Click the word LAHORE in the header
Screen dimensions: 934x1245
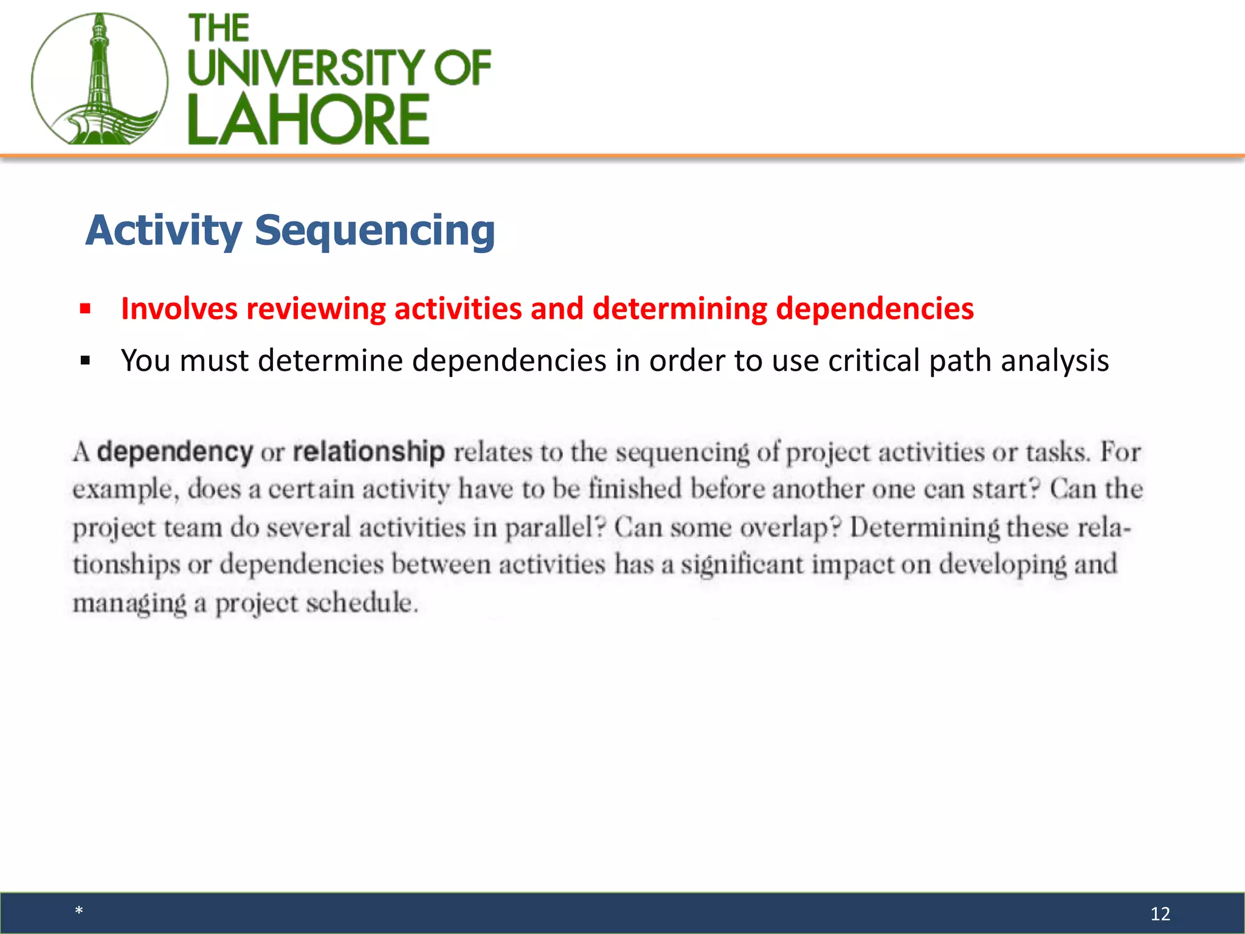(308, 120)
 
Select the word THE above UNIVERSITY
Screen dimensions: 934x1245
(219, 29)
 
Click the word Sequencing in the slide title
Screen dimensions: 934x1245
(374, 231)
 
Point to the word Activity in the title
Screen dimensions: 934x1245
(164, 231)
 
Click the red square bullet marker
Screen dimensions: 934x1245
(85, 309)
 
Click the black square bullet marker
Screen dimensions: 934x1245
(85, 361)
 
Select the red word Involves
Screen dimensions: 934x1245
(179, 309)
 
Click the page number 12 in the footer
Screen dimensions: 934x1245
(1160, 913)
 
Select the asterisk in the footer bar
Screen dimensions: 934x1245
(79, 911)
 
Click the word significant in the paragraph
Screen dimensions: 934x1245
(742, 565)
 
